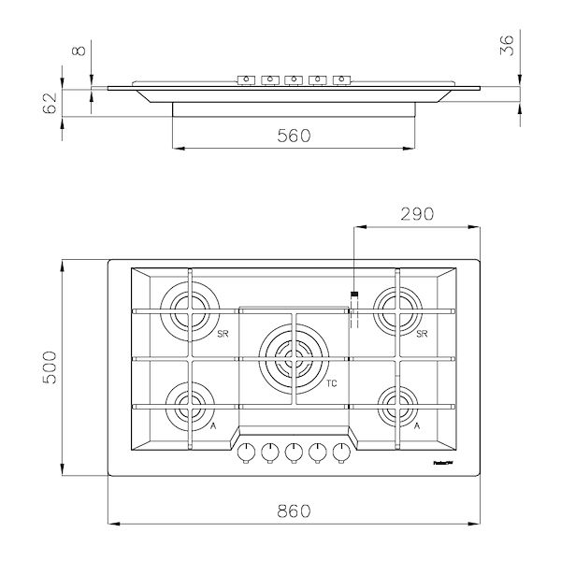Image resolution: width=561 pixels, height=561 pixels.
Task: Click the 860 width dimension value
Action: click(x=295, y=511)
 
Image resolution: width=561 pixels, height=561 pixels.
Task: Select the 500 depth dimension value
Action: click(x=50, y=367)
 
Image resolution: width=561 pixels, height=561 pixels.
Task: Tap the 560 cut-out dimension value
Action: click(x=294, y=136)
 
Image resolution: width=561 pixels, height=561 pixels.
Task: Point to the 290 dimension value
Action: click(x=416, y=213)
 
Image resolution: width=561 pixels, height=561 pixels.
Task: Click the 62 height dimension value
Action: click(x=50, y=102)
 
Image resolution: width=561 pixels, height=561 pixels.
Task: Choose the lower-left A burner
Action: click(x=190, y=406)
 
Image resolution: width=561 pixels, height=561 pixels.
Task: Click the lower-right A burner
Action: click(x=397, y=406)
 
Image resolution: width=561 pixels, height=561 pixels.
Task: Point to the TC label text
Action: click(x=331, y=383)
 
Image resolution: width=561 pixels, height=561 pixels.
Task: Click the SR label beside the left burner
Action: click(x=223, y=334)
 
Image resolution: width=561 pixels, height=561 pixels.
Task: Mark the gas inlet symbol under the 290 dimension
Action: click(x=354, y=309)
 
